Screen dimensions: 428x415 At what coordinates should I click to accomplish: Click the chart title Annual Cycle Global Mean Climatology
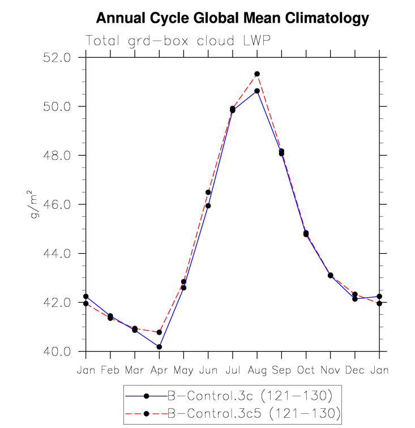[x=232, y=19]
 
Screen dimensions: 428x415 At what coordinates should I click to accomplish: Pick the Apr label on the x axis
[x=159, y=370]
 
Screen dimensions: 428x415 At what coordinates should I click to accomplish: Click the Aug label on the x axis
[x=257, y=370]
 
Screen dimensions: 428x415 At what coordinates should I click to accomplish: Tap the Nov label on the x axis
[x=330, y=370]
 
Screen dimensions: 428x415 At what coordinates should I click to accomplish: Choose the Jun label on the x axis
[x=208, y=370]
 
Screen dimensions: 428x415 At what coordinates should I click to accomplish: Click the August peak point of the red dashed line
[x=257, y=74]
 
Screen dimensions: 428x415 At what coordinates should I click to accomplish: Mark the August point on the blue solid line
[x=257, y=91]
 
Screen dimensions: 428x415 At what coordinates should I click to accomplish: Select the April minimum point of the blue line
[x=159, y=346]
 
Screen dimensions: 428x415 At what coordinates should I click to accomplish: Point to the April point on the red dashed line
[x=159, y=332]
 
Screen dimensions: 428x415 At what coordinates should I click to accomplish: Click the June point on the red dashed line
[x=208, y=192]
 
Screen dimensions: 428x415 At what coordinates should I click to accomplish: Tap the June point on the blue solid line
[x=208, y=206]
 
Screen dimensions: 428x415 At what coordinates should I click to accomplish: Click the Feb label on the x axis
[x=110, y=370]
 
